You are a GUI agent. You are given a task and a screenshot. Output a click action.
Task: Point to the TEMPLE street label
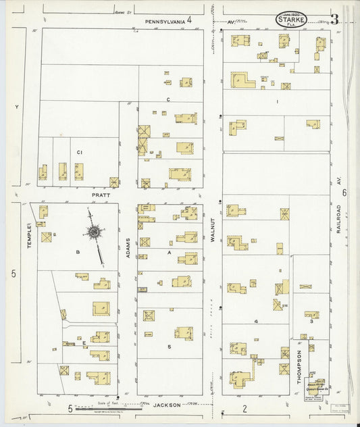[x=30, y=236]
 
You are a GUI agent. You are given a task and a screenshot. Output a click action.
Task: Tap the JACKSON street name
[x=166, y=405]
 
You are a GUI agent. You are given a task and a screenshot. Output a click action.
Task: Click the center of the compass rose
[x=93, y=233]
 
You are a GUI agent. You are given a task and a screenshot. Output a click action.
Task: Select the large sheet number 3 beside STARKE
[x=334, y=19]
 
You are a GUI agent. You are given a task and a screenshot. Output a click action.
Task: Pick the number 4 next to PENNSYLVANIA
[x=190, y=20]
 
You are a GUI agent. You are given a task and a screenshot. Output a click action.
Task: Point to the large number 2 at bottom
[x=245, y=407]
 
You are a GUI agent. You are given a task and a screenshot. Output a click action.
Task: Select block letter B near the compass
[x=78, y=252]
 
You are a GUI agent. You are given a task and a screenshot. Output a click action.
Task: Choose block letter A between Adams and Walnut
[x=170, y=251]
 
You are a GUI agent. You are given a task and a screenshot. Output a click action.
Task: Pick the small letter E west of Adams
[x=84, y=343]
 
